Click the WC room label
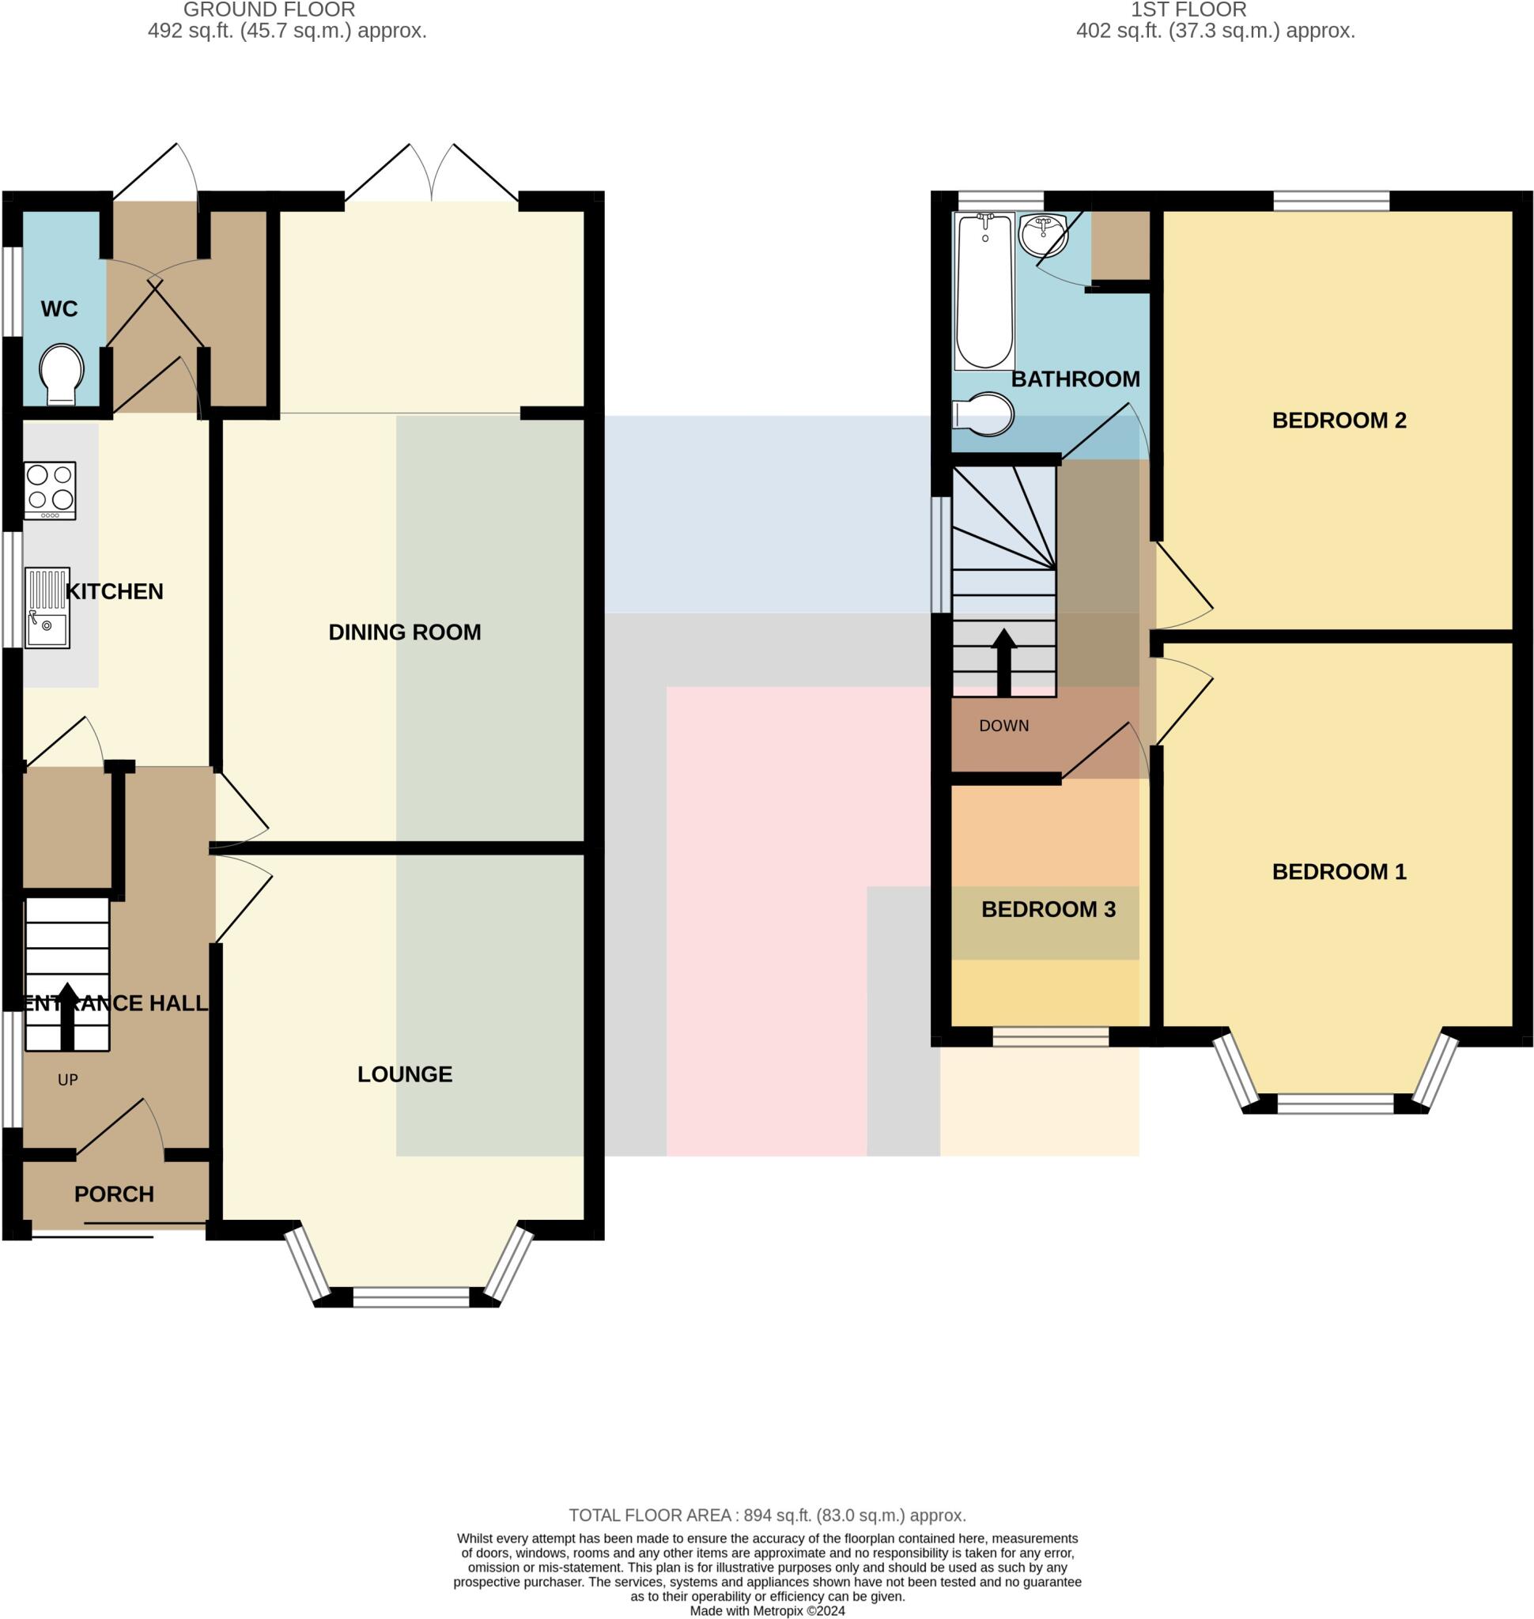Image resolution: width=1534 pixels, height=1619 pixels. [59, 309]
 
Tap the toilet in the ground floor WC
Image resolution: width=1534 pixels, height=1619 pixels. [62, 374]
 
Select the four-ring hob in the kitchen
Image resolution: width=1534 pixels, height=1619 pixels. [50, 490]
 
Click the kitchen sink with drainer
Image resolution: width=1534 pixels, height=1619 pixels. [47, 608]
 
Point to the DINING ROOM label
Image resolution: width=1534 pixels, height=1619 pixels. [404, 632]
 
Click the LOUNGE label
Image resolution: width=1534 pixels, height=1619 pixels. [404, 1074]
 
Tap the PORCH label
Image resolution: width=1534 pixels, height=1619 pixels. [114, 1194]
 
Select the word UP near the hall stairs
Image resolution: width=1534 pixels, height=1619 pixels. [68, 1079]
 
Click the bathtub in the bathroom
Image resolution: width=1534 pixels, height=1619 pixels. [984, 290]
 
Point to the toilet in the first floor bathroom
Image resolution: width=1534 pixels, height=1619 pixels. [984, 414]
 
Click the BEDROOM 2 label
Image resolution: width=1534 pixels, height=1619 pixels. [1339, 421]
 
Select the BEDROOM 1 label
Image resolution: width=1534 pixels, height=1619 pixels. [1339, 872]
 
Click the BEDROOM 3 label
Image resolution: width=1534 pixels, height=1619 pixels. [1048, 909]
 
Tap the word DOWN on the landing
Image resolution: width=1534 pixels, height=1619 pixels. [1003, 725]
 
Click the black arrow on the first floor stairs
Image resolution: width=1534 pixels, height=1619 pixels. [1003, 662]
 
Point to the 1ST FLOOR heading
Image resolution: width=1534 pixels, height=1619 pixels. [1188, 9]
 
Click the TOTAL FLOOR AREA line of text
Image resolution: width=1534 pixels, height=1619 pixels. [767, 1515]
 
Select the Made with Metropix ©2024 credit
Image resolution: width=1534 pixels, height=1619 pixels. [767, 1611]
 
